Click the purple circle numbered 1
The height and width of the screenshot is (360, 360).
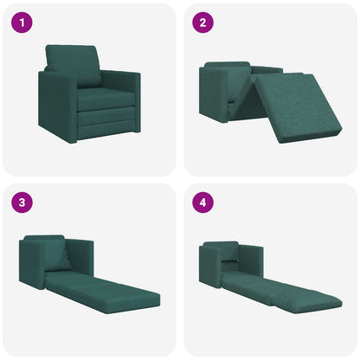22,22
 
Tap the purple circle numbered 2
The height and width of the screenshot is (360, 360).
202,22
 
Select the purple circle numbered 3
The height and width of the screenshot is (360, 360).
22,202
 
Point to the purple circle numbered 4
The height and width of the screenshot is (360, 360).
202,202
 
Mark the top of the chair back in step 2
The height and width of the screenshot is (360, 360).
227,64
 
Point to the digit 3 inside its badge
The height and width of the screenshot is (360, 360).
22,202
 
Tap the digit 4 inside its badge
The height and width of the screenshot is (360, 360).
202,202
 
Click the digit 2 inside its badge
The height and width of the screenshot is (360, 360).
202,22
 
